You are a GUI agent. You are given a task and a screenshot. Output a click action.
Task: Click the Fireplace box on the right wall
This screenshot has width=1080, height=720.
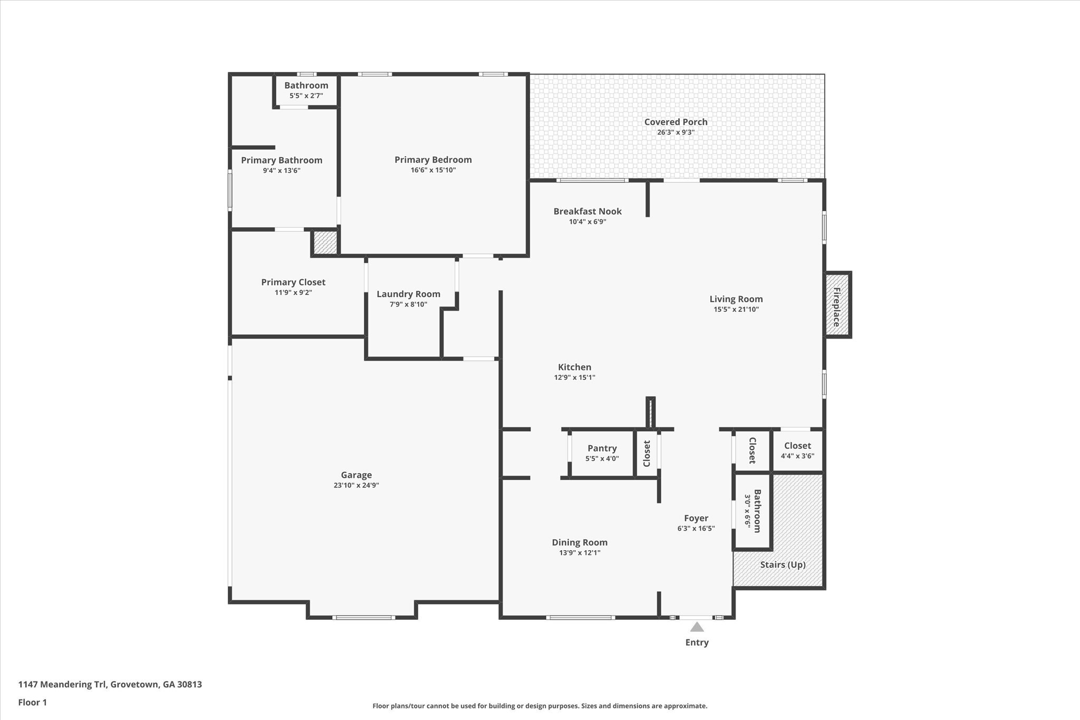(x=837, y=305)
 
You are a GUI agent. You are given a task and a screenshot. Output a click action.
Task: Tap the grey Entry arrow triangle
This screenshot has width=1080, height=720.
(x=697, y=627)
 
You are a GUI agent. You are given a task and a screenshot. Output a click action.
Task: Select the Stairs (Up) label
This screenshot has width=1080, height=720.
(x=783, y=565)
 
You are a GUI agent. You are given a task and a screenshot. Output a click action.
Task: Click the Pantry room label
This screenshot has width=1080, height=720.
(x=602, y=448)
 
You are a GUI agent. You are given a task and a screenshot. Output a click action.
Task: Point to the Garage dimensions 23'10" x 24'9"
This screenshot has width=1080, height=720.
(x=356, y=485)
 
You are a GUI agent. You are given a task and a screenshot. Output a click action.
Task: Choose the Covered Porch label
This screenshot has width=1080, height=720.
(x=676, y=122)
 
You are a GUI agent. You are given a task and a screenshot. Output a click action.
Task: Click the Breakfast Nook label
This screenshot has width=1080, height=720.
(x=587, y=212)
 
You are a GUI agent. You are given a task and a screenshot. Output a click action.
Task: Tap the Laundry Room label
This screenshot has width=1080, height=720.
(x=408, y=294)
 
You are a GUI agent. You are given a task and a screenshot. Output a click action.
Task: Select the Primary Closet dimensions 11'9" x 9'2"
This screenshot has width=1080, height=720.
(x=293, y=293)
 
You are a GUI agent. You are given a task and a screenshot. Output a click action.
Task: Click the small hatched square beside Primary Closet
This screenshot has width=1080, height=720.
(x=325, y=243)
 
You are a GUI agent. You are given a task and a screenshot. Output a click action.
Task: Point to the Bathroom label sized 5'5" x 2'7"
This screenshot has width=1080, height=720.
(x=306, y=85)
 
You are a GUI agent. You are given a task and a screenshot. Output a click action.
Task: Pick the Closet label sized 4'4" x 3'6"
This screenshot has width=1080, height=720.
(x=797, y=446)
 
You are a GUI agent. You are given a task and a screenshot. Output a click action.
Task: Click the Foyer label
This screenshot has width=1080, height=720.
(x=696, y=519)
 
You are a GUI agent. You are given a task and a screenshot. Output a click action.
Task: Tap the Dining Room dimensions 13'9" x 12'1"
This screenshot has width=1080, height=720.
(x=580, y=553)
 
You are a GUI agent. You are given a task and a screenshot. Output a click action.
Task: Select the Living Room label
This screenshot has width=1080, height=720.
(x=736, y=299)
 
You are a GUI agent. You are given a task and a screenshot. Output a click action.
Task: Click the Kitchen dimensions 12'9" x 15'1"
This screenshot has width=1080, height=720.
(x=574, y=378)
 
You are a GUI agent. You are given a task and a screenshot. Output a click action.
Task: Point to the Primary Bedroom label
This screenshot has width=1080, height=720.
(x=433, y=160)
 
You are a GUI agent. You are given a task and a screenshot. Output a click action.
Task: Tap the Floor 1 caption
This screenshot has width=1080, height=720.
(x=32, y=703)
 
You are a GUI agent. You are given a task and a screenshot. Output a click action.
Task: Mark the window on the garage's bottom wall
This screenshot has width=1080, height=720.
(x=363, y=617)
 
